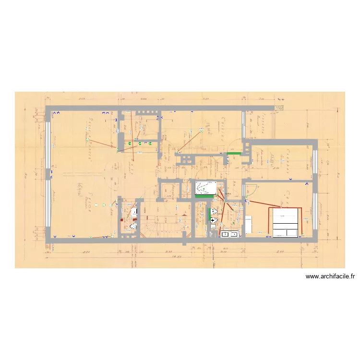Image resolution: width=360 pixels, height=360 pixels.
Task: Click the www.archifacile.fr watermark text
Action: click(x=330, y=276)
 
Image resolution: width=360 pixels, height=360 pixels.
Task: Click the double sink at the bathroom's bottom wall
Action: click(x=229, y=234)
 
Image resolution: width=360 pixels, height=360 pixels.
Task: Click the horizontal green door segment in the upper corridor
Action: click(x=234, y=154)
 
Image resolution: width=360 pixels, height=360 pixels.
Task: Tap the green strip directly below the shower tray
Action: click(x=204, y=196)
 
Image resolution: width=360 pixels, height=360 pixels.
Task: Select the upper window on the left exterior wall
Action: click(x=48, y=139)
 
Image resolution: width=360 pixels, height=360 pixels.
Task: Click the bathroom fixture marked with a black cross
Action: click(x=213, y=220)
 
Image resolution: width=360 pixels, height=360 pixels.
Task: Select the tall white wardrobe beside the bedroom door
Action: click(x=249, y=224)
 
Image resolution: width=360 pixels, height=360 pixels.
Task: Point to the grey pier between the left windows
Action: click(x=48, y=174)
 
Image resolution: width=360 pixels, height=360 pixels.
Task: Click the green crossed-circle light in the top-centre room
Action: click(x=202, y=130)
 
